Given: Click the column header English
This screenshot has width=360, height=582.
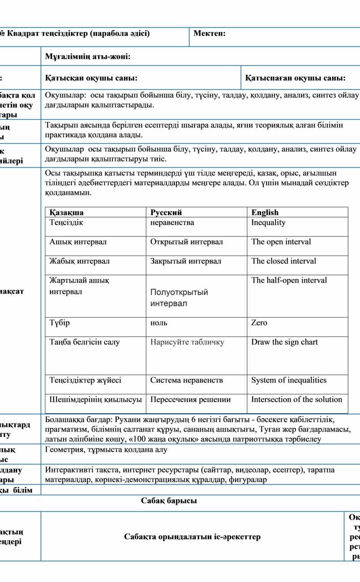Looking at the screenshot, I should (x=265, y=213).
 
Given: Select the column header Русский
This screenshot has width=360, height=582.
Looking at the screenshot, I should (x=166, y=213).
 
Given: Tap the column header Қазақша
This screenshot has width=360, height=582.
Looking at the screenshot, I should (x=67, y=213).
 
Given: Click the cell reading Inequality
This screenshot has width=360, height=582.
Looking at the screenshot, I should (x=268, y=222).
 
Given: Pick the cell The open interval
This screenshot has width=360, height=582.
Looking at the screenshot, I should (x=281, y=242).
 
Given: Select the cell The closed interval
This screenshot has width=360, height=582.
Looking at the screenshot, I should (x=284, y=261).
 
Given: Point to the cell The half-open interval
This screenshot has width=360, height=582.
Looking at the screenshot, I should (x=289, y=281).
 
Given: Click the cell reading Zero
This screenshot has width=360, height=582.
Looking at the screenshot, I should (x=259, y=323).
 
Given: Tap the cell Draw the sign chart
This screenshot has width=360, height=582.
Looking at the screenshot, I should (x=284, y=342).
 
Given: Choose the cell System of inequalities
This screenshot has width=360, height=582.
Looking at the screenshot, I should (x=289, y=380).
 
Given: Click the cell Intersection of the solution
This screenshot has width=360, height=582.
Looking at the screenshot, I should (x=296, y=400).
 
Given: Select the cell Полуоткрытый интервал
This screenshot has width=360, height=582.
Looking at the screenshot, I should (x=179, y=298).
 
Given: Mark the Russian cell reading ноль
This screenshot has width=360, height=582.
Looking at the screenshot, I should (x=159, y=323).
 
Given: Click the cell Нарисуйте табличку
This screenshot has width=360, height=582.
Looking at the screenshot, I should (x=187, y=342).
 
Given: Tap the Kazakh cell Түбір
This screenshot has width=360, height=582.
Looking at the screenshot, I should (x=60, y=323).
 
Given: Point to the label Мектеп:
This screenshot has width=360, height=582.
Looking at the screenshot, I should (x=210, y=34).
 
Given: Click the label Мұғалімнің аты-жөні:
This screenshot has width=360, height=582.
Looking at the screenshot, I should (x=87, y=56).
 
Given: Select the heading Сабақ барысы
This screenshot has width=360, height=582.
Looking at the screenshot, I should (x=169, y=501).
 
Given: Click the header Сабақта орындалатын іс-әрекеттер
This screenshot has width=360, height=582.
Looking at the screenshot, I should (x=192, y=537).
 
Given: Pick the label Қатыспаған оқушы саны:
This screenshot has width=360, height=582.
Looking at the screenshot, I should (x=295, y=78).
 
